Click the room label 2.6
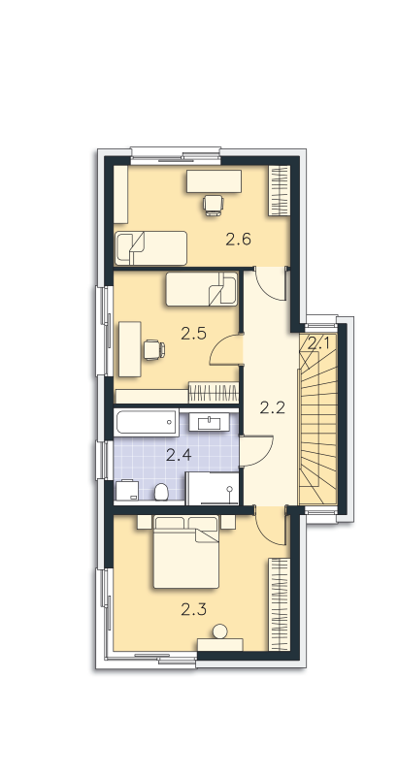coord(239,240)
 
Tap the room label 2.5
coord(193,334)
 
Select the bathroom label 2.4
coord(179,455)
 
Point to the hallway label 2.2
coord(273,407)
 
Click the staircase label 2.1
coord(318,343)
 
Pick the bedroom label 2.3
coord(193,610)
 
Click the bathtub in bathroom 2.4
coord(146,423)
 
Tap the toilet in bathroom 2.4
coord(161,492)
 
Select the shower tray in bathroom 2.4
coord(213,488)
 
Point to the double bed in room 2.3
coord(186,552)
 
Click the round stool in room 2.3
coord(219,631)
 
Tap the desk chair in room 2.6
coord(214,205)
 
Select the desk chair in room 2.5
coord(154,350)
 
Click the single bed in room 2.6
coord(150,248)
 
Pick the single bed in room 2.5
coord(202,289)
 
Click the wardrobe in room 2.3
coord(279,604)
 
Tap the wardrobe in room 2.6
coord(279,190)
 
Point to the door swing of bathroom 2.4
coord(256,451)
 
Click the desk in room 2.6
coord(214,181)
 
